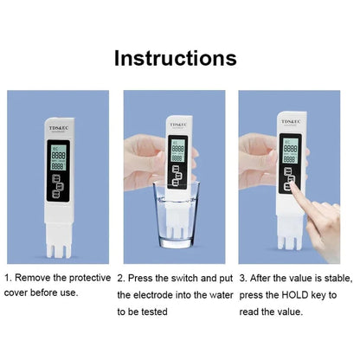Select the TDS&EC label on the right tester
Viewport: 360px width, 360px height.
pos(290,123)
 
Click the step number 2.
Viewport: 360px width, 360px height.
pos(120,279)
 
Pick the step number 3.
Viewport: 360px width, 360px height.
pos(243,279)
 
